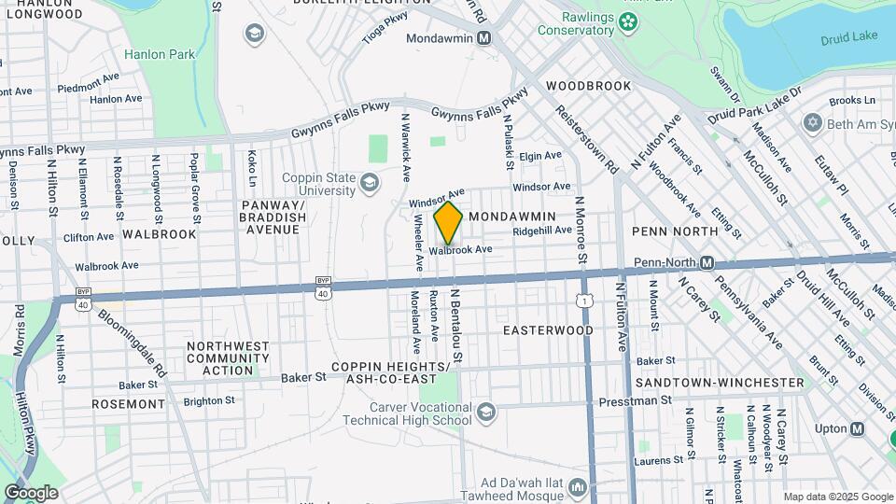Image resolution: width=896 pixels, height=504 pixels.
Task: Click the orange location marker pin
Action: pos(448,222)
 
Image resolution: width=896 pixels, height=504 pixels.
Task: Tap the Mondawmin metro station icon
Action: pos(483,38)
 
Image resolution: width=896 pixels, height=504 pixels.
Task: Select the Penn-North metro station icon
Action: pos(707,263)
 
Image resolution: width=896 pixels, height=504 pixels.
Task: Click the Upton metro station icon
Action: pos(857,428)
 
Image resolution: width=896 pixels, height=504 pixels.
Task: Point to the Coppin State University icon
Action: pos(371,181)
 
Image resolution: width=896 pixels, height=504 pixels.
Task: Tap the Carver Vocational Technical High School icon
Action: pos(485,412)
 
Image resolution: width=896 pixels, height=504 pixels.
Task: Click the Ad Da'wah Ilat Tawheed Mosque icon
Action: pos(579,488)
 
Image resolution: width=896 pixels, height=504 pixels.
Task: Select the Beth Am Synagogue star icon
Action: pos(812,123)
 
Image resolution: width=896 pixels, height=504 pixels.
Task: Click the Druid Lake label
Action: pos(844,39)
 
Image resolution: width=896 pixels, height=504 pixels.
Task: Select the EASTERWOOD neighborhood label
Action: pos(548,330)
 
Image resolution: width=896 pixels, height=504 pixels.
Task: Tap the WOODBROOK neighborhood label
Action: pos(589,86)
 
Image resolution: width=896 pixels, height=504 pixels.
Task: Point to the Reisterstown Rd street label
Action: pos(586,140)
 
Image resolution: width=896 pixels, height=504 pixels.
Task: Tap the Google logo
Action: pos(31,493)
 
